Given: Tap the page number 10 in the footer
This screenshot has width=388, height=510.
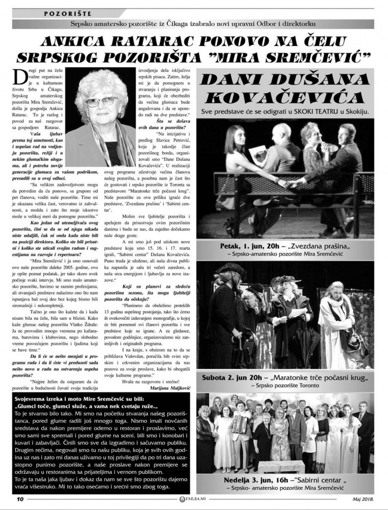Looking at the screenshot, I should coord(18,499).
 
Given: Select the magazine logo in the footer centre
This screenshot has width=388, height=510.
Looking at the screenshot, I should coord(194,499).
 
